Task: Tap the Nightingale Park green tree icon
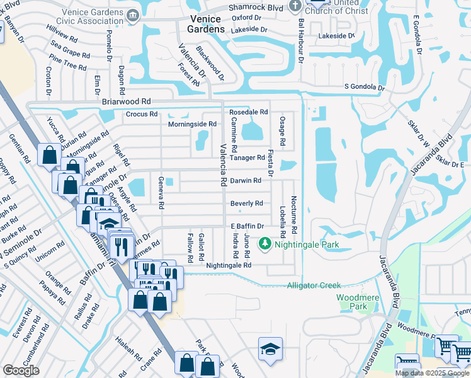pyautogui.click(x=266, y=243)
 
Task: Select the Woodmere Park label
pyautogui.click(x=351, y=301)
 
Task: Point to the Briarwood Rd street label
pyautogui.click(x=126, y=101)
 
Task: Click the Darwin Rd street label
pyautogui.click(x=245, y=181)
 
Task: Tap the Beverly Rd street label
pyautogui.click(x=246, y=203)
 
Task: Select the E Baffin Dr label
pyautogui.click(x=246, y=227)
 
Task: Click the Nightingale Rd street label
pyautogui.click(x=229, y=265)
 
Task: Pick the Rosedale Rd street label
pyautogui.click(x=248, y=112)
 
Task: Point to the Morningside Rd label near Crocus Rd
pyautogui.click(x=192, y=124)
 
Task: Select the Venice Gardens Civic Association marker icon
pyautogui.click(x=132, y=14)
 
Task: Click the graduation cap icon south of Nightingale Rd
pyautogui.click(x=270, y=348)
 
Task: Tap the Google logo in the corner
pyautogui.click(x=21, y=371)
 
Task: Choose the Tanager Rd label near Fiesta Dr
pyautogui.click(x=247, y=158)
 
